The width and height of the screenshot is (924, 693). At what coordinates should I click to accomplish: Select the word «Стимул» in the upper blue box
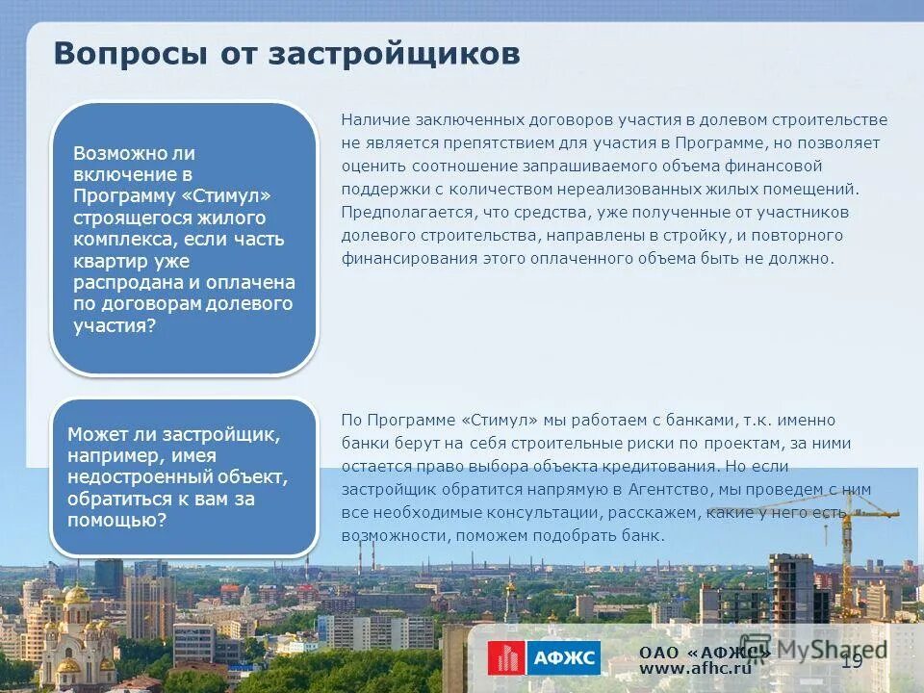(x=226, y=196)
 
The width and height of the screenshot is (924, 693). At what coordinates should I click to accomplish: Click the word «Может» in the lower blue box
(x=95, y=435)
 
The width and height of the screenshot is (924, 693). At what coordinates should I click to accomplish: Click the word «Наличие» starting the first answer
(x=374, y=120)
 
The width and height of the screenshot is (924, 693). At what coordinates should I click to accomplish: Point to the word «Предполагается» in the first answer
(x=399, y=213)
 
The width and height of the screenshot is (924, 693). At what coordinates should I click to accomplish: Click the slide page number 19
(x=852, y=660)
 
